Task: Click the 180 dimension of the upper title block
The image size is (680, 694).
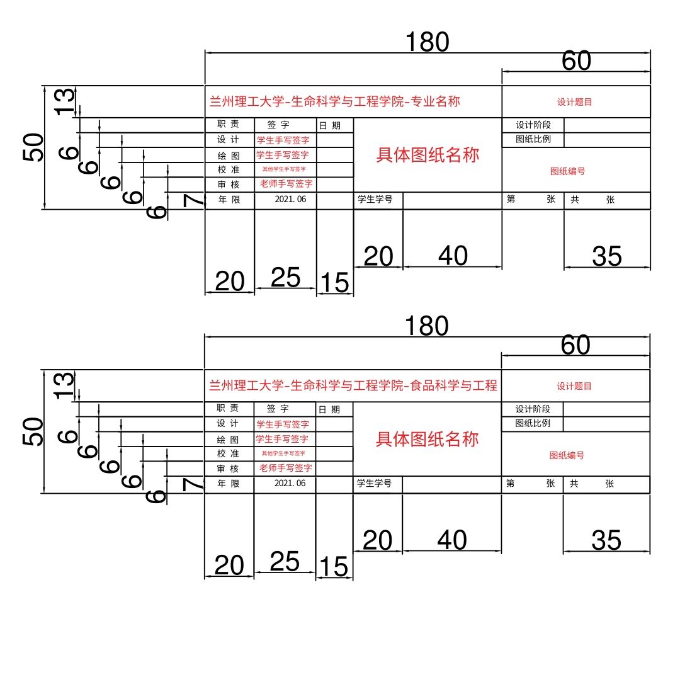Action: [x=428, y=42]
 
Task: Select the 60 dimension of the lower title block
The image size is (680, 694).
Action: [x=575, y=345]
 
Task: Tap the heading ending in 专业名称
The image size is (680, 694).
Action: [x=335, y=101]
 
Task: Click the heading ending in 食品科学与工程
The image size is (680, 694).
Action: [x=353, y=385]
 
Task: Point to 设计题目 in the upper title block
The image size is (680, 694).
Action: [x=574, y=101]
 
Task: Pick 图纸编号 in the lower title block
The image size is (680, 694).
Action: [x=567, y=455]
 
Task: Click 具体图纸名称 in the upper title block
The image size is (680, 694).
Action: [x=428, y=155]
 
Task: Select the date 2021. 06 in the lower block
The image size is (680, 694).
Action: [x=290, y=483]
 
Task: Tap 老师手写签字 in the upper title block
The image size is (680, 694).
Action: [x=286, y=184]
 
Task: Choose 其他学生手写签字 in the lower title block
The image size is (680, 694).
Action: [x=283, y=453]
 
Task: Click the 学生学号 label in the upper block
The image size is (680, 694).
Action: [x=375, y=200]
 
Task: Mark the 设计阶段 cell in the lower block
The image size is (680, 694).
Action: [x=533, y=409]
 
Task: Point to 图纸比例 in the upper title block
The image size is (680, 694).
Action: [x=533, y=139]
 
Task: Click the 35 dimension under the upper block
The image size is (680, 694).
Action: [x=607, y=256]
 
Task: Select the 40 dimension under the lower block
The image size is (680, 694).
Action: [x=452, y=540]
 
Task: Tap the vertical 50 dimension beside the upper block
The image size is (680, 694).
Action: [x=34, y=147]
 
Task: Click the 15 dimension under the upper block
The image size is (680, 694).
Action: [x=334, y=283]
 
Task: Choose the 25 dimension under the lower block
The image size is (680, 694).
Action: [x=285, y=561]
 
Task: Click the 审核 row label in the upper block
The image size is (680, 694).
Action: [x=229, y=185]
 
